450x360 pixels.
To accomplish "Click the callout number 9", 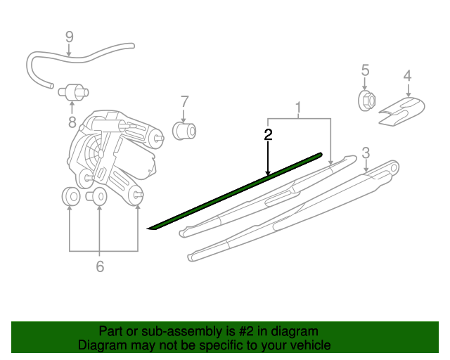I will (x=69, y=36).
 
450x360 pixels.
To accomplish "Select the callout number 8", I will (x=71, y=122).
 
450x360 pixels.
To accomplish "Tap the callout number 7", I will (x=184, y=101).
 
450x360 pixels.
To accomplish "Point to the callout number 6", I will (x=99, y=266).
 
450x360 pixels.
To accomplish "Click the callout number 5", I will (x=365, y=70).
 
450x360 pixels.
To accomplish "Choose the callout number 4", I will (x=407, y=76).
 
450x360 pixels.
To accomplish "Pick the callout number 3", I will (x=366, y=153).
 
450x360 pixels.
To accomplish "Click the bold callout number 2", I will (x=268, y=135).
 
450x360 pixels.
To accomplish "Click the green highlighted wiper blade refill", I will (x=236, y=191).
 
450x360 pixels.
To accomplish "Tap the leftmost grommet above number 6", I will (x=70, y=197).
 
